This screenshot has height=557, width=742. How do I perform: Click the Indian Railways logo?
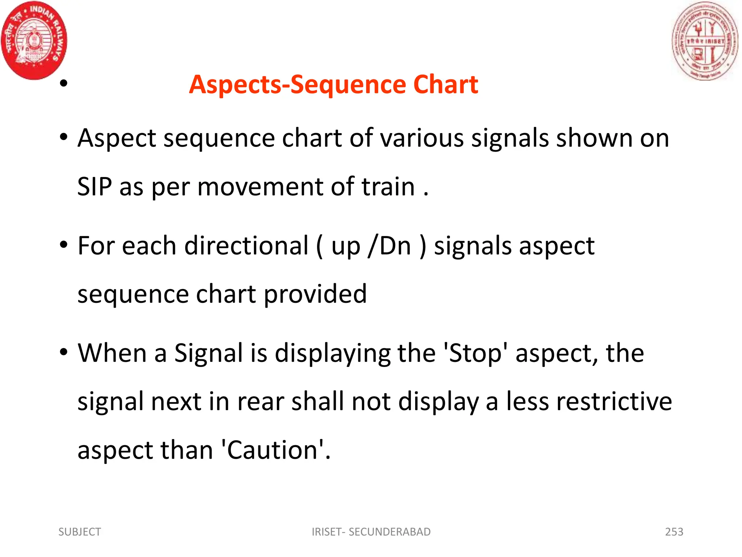[34, 40]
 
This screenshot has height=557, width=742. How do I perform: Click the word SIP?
[95, 187]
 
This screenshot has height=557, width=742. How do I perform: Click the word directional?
[246, 246]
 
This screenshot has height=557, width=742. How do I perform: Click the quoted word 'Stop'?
[475, 354]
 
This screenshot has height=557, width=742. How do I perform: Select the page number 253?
[674, 532]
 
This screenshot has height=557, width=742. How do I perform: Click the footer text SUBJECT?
[80, 532]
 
